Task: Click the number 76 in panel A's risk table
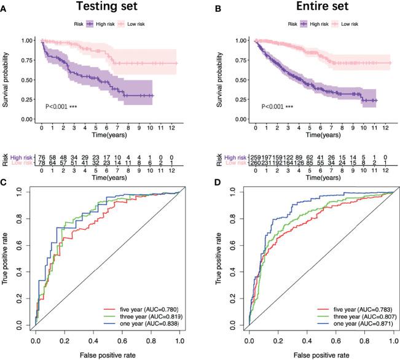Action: [x=42, y=157]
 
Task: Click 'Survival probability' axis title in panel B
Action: [x=219, y=77]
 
